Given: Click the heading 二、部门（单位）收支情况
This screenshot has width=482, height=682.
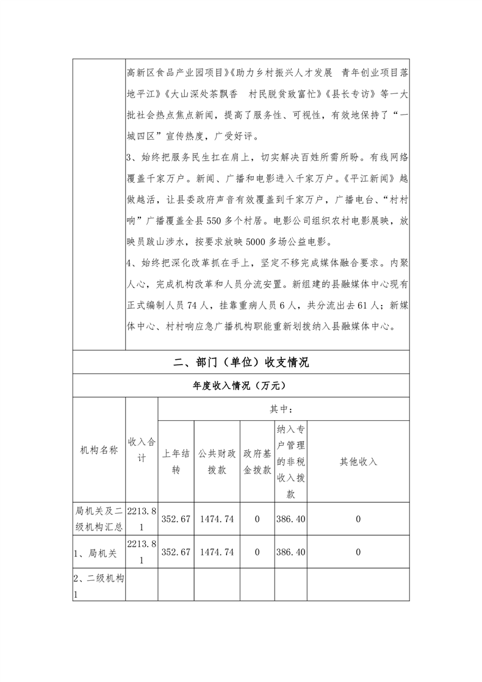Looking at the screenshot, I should coord(240,362).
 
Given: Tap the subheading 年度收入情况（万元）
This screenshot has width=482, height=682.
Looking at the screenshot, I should coord(240,386).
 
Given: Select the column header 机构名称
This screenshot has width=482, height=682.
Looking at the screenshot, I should coord(99,450).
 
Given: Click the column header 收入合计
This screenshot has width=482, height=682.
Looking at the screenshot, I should coord(142,450).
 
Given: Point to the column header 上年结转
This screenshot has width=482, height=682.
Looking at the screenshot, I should coord(176,462).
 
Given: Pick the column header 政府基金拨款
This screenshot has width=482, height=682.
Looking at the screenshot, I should coord(257,462).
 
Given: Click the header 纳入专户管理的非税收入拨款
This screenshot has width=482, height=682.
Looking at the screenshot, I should coord(290,461).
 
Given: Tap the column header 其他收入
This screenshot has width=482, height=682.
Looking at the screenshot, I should coord(358,462).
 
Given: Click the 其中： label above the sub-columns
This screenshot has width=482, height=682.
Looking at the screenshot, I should coord(283,409).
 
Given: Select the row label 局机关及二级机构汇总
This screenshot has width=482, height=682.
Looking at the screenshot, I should coord(99,519).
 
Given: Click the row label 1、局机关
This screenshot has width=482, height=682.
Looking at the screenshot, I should coord(92,552).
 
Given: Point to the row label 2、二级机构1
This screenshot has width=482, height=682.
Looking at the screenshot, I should coord(99,585).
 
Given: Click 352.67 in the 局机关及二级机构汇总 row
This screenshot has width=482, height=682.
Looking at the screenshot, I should coord(176,519).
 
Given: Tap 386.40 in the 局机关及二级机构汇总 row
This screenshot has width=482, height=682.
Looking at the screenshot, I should coord(290,519).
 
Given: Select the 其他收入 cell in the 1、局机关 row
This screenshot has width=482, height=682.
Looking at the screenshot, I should coord(358,552).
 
